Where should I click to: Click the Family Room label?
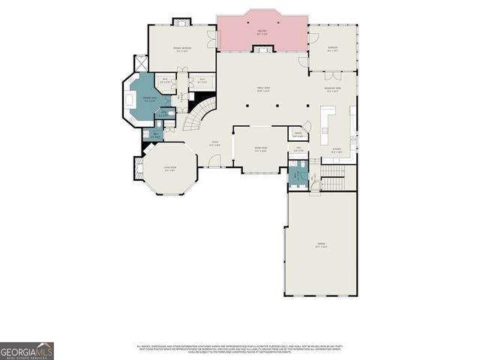(x=262, y=89)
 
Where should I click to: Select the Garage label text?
(x=320, y=245)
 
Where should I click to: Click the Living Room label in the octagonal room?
(x=170, y=168)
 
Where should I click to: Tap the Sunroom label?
(x=333, y=49)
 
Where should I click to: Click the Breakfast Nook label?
(x=334, y=89)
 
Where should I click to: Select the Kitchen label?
(x=337, y=151)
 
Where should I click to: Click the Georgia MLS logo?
(x=26, y=351)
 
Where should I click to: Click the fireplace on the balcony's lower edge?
(x=262, y=49)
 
